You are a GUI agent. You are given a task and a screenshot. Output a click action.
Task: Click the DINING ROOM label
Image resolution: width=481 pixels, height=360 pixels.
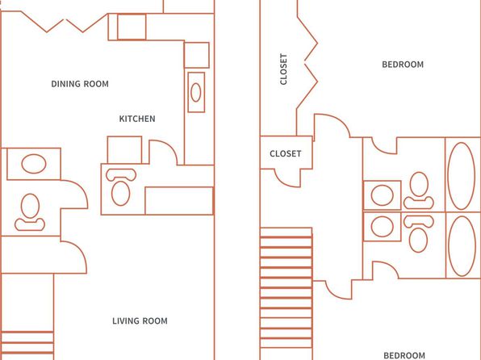click(x=80, y=84)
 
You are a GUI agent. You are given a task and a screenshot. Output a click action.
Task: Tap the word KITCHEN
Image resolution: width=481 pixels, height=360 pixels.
click(x=137, y=119)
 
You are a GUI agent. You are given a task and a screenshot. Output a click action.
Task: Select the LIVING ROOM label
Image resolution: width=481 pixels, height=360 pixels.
click(x=140, y=321)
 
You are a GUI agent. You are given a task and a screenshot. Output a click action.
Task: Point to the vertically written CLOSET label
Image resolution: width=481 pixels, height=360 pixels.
click(x=283, y=69)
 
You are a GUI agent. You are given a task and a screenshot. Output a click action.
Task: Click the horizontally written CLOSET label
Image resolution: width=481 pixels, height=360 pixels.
click(x=285, y=153)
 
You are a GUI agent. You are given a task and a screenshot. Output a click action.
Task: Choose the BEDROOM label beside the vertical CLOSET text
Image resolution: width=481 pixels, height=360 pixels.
click(x=403, y=65)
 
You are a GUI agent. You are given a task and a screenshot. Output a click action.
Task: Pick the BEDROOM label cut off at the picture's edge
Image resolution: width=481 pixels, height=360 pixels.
click(x=404, y=356)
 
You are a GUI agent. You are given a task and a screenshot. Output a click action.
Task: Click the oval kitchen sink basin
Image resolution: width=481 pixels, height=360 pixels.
click(x=196, y=92)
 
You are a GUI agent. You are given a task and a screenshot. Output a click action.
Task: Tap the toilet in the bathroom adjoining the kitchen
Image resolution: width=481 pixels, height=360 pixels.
click(x=121, y=187)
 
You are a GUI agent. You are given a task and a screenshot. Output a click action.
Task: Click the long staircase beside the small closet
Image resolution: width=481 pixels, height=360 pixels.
click(x=286, y=288)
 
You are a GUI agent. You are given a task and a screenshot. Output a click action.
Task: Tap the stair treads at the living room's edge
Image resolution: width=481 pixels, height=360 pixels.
click(x=27, y=343)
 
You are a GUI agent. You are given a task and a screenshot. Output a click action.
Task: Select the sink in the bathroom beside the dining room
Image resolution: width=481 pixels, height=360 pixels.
click(x=34, y=164)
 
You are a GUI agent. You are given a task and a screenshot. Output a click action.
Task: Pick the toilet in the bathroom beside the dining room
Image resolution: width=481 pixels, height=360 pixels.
click(x=30, y=212)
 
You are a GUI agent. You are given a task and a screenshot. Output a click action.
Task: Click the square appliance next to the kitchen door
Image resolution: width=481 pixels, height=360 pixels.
click(x=124, y=150)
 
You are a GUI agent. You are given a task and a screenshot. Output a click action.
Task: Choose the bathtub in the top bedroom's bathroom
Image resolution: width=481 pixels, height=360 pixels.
click(x=461, y=176)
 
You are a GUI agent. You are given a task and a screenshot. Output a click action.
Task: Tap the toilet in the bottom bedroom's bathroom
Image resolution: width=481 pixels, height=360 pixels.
click(x=418, y=234)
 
